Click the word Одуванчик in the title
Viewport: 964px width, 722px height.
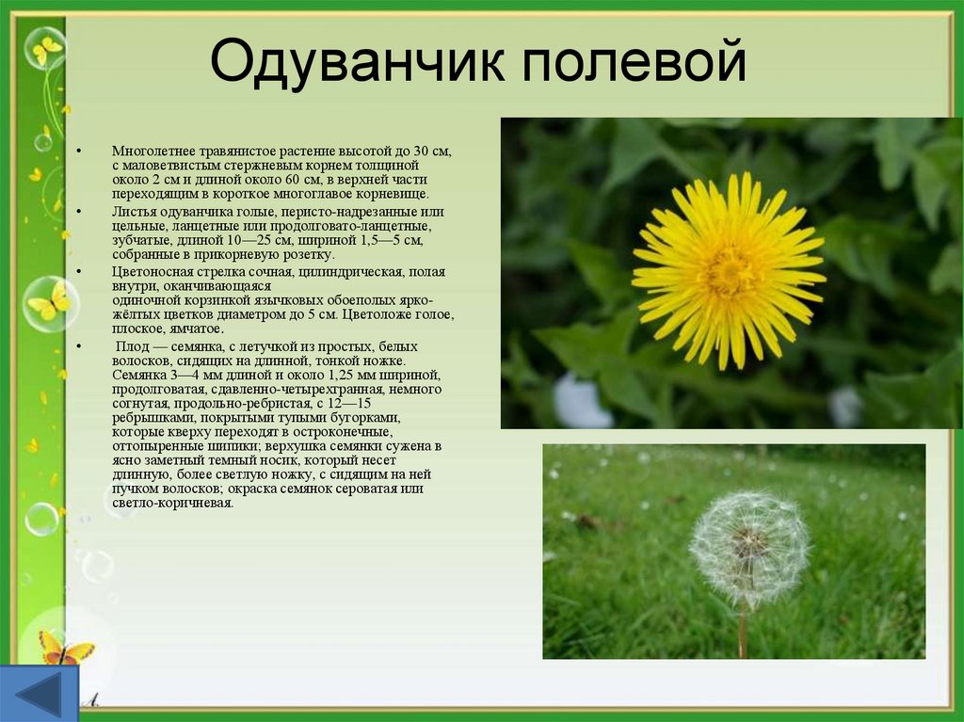357,61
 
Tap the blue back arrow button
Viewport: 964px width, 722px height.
40,693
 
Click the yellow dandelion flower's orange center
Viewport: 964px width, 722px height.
730,271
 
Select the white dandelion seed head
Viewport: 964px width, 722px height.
749,547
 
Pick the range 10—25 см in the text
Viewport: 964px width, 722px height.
301,240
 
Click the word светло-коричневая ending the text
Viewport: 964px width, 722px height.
173,503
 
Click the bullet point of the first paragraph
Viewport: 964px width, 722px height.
79,152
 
